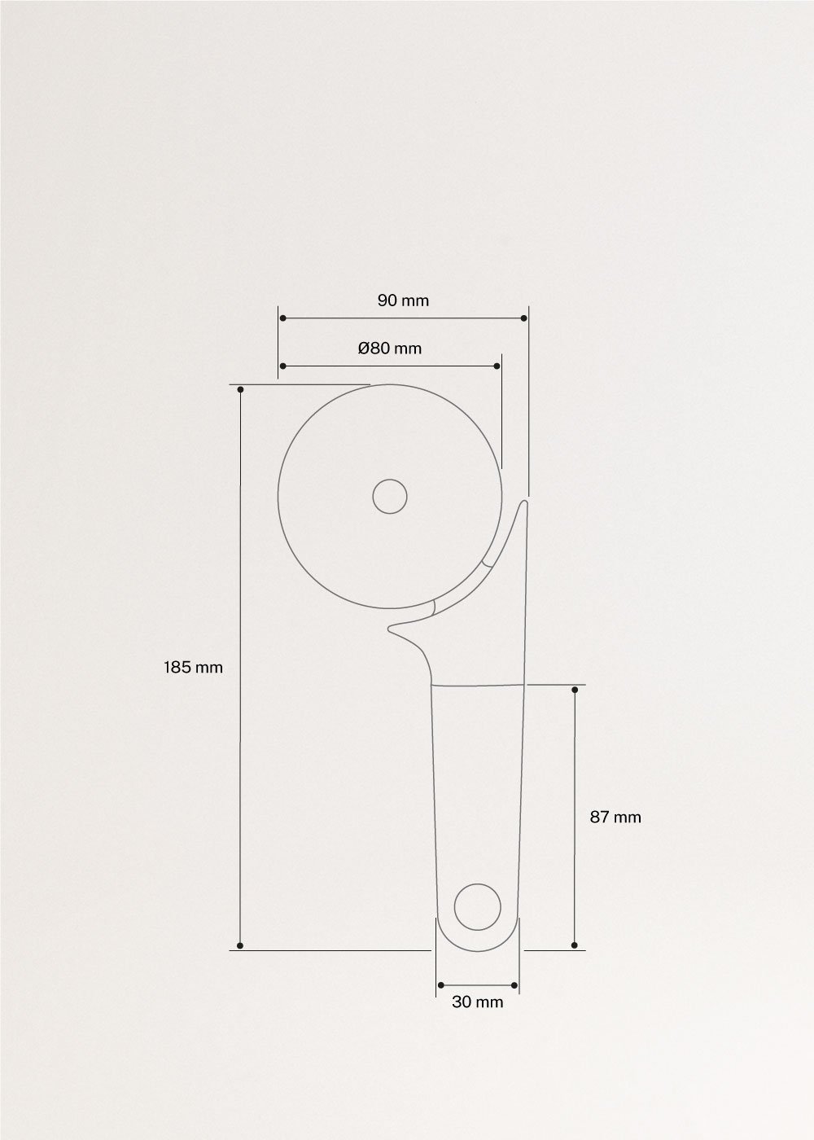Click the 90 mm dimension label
click(x=403, y=300)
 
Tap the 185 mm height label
click(x=193, y=667)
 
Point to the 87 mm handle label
click(x=615, y=817)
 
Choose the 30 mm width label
click(x=478, y=1002)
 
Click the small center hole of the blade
click(x=390, y=497)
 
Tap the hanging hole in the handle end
click(x=477, y=905)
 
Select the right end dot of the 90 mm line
click(x=523, y=318)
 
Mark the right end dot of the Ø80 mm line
click(x=497, y=366)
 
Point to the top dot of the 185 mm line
click(x=240, y=389)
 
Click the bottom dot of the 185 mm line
click(x=240, y=945)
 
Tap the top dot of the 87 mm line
click(x=575, y=690)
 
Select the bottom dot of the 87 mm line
click(x=575, y=945)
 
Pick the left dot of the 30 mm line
click(x=440, y=986)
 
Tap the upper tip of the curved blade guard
click(x=524, y=504)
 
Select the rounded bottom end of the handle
click(x=477, y=945)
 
